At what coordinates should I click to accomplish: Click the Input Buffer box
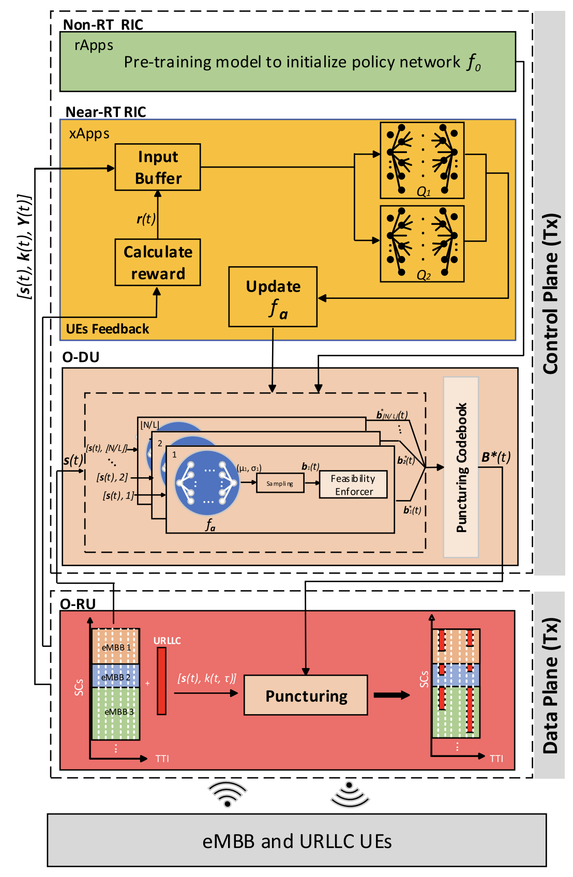coord(158,167)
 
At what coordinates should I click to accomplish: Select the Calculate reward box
coord(158,262)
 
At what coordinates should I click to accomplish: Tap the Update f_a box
coord(273,297)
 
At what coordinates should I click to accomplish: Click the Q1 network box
coord(422,160)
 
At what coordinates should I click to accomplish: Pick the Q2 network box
coord(422,244)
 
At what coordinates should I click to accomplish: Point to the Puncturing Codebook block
coord(461,467)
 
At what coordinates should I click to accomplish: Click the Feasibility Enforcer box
coord(353,485)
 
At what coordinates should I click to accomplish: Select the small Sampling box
coord(280,483)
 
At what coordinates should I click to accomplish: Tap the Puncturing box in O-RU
coord(306,695)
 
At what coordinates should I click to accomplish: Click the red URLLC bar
coord(162,681)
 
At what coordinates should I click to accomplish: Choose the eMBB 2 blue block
coord(115,676)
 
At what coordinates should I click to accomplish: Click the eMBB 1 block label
coord(116,647)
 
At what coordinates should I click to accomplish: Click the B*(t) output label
coord(496,457)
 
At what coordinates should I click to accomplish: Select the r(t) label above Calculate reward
coord(146,219)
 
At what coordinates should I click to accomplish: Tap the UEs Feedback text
coord(108,329)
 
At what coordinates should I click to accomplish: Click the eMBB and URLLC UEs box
coord(297,841)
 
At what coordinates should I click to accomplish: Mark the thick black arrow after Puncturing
coord(391,695)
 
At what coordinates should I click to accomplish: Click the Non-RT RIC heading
coord(103,25)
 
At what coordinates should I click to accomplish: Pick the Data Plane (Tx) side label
coord(550,685)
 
